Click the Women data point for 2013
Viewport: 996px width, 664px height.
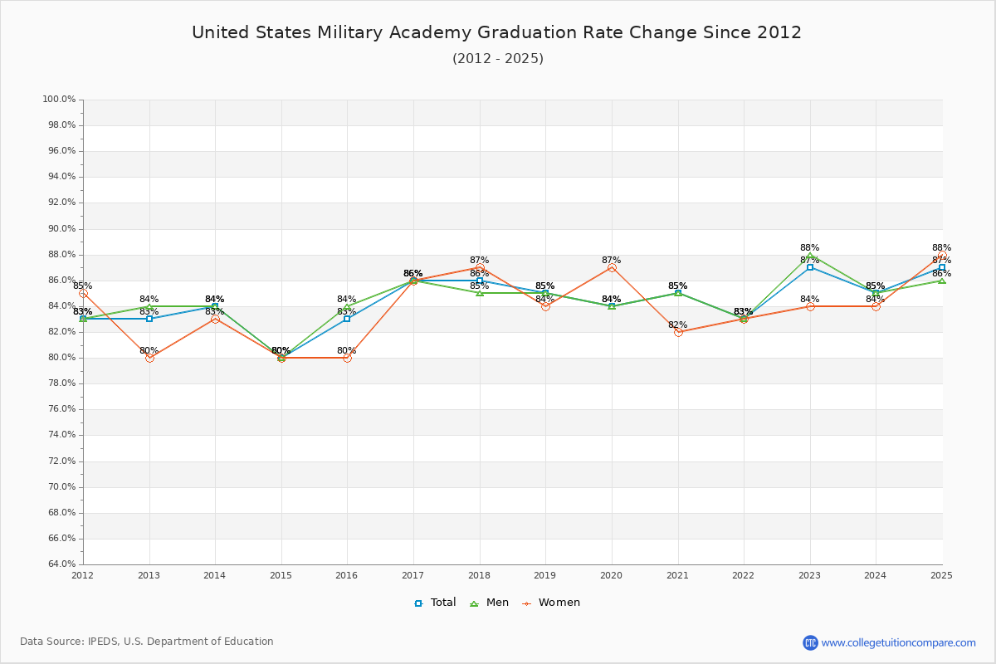tap(149, 358)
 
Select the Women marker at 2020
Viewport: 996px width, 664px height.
tap(612, 267)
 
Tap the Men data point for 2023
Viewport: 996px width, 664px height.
tap(810, 255)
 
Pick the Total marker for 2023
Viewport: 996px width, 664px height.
tap(810, 267)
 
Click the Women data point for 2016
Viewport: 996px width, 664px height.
tap(347, 358)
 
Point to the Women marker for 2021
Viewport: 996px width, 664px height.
tap(678, 332)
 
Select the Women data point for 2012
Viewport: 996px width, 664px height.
tap(83, 293)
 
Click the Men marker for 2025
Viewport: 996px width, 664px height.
tap(942, 281)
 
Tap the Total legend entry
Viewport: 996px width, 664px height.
tap(435, 603)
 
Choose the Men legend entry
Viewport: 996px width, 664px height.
tap(491, 603)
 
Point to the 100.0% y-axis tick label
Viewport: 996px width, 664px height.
tap(59, 100)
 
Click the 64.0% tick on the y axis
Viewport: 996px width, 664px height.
tap(59, 564)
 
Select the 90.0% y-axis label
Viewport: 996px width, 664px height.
tap(59, 229)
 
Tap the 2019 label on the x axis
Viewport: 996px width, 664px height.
tap(545, 574)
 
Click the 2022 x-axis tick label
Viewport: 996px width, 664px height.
tap(744, 574)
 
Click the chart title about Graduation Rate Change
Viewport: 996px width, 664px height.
tap(496, 32)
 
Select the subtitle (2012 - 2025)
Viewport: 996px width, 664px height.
tap(497, 58)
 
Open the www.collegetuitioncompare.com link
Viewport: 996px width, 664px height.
tap(898, 642)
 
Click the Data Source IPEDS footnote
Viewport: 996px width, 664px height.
tap(147, 642)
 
